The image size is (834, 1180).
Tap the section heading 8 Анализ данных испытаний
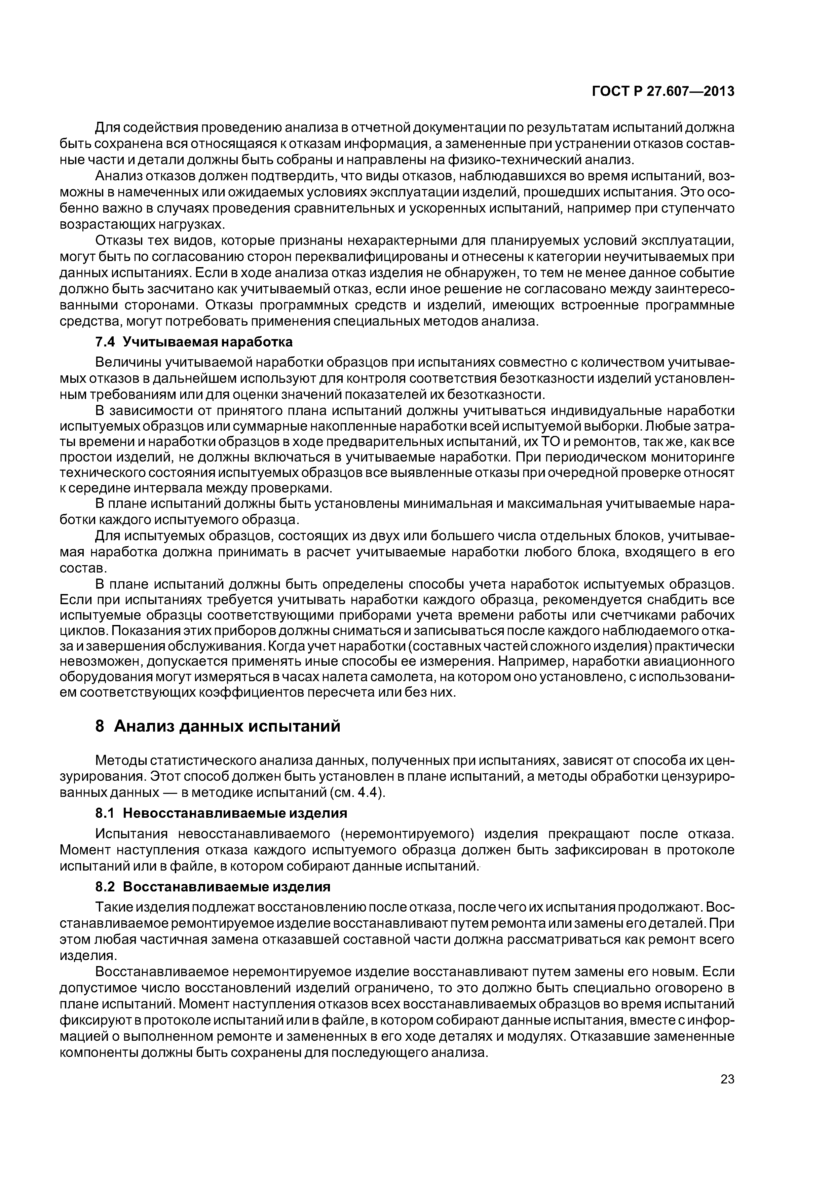[x=218, y=726]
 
